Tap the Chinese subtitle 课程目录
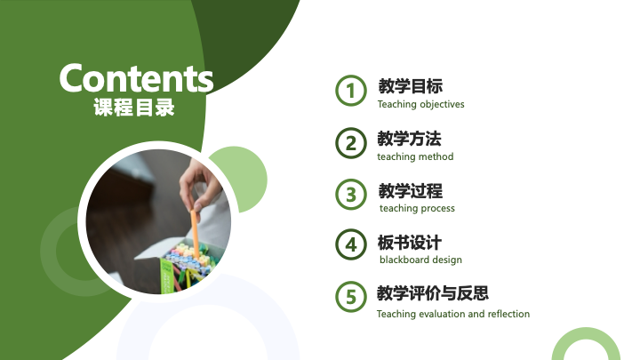coord(134,108)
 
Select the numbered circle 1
coord(351,91)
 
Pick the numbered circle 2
coord(351,143)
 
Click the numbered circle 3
coord(351,195)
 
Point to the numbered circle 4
coord(351,245)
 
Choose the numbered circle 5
coord(351,297)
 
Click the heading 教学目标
coord(410,86)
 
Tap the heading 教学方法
coord(410,139)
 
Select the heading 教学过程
coord(410,190)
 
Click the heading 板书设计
coord(410,243)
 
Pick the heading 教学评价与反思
coord(433,293)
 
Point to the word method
coord(438,156)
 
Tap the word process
coord(437,209)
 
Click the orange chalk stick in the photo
coord(195,235)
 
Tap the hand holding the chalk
coord(200,185)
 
